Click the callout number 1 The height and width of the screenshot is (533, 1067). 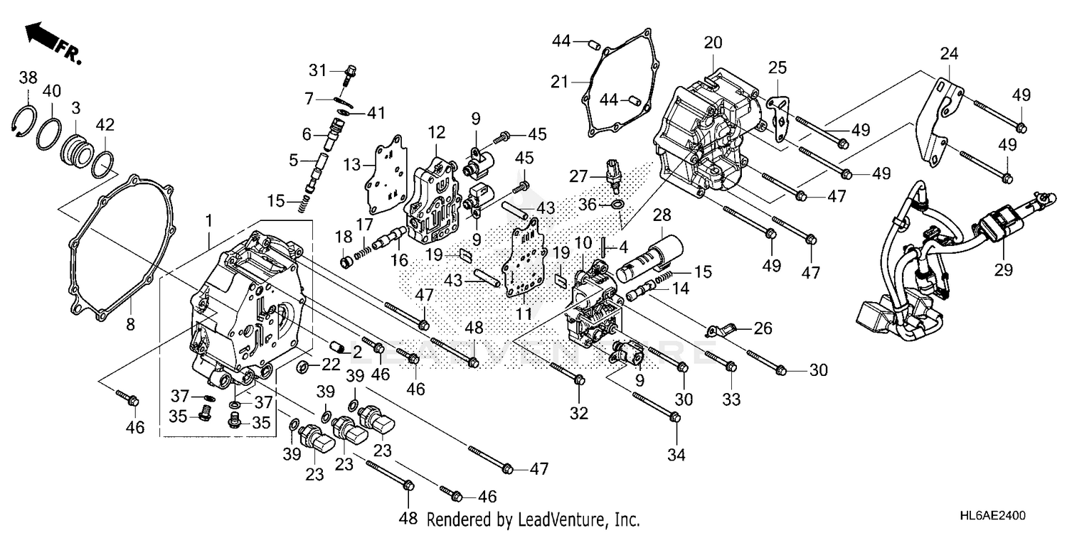[x=209, y=221]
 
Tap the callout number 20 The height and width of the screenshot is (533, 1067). [x=713, y=43]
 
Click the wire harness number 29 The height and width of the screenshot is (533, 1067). [x=1004, y=270]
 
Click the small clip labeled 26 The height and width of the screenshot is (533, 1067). [x=720, y=330]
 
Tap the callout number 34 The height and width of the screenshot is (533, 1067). [x=676, y=453]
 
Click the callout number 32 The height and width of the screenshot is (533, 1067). [x=579, y=414]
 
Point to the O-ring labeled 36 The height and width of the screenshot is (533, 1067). [x=618, y=205]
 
